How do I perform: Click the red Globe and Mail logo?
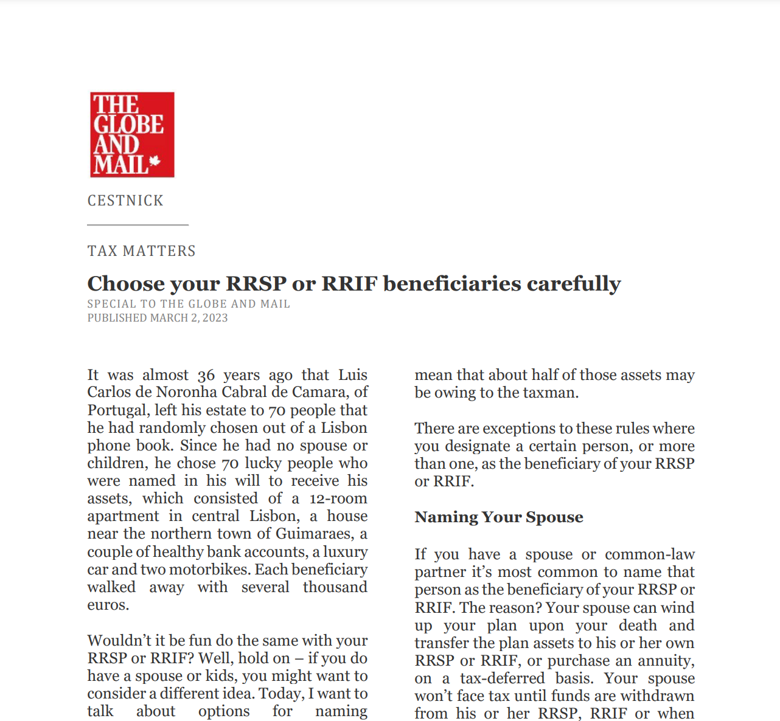pyautogui.click(x=132, y=134)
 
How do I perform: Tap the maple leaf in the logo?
pyautogui.click(x=155, y=161)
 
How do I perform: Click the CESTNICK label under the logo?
pyautogui.click(x=125, y=201)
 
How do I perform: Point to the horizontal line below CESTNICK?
pyautogui.click(x=138, y=225)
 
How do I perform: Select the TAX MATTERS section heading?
pyautogui.click(x=141, y=251)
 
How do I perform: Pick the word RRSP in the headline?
pyautogui.click(x=256, y=284)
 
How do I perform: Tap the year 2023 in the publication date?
pyautogui.click(x=215, y=318)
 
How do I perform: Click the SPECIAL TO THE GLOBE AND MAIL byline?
pyautogui.click(x=189, y=304)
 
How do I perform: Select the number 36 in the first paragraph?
pyautogui.click(x=206, y=376)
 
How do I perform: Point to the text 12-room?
pyautogui.click(x=338, y=499)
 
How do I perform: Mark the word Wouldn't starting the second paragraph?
pyautogui.click(x=119, y=641)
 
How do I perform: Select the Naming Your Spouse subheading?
pyautogui.click(x=499, y=517)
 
